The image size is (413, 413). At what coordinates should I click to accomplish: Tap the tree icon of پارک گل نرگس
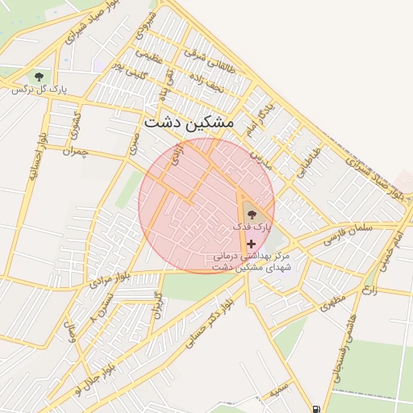(x=38, y=77)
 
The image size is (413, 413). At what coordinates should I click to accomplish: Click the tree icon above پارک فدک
(x=250, y=215)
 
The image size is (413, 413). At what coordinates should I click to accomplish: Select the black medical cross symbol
(x=251, y=243)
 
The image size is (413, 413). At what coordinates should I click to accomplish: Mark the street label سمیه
(x=279, y=390)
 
